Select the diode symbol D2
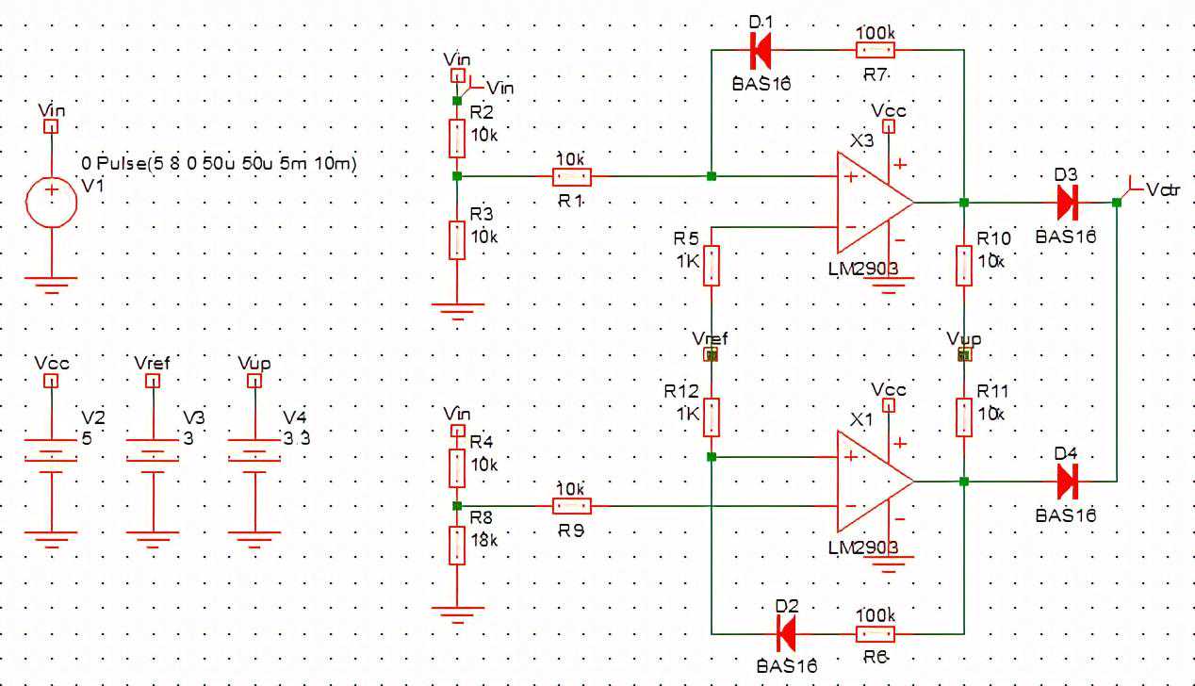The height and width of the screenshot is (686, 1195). point(784,632)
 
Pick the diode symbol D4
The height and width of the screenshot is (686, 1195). point(1067,482)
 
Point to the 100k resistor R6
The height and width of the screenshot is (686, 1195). point(876,632)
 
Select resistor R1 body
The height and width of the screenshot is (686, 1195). point(572,175)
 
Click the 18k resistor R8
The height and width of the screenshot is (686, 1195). point(457,545)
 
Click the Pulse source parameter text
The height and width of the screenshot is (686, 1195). point(219,164)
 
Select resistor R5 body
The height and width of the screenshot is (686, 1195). point(712,266)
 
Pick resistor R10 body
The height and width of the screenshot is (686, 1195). point(963,265)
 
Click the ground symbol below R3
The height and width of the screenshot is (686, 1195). point(457,308)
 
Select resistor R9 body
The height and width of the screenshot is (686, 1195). point(572,506)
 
